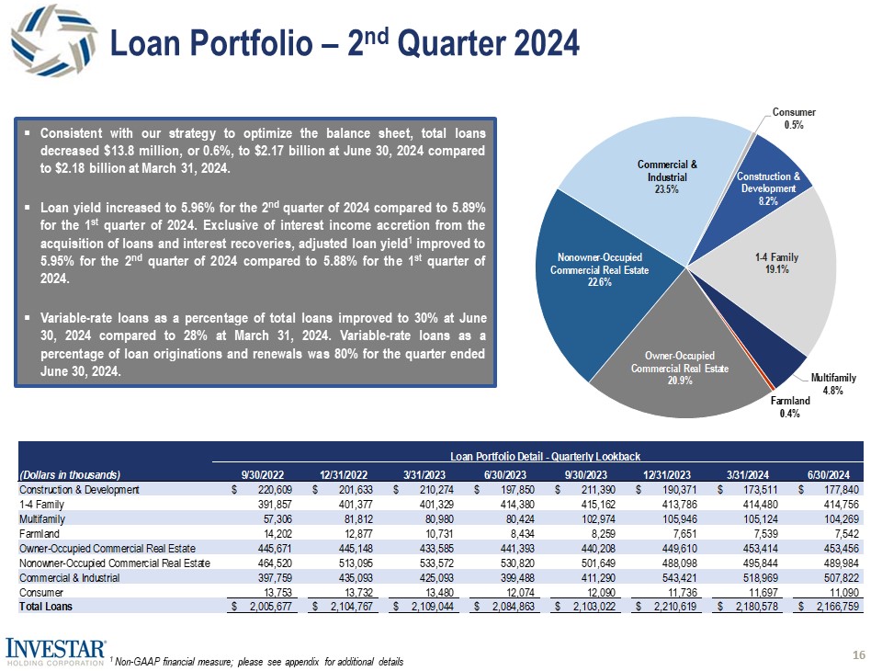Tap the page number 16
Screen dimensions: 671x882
860,654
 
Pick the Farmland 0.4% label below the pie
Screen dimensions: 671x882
789,407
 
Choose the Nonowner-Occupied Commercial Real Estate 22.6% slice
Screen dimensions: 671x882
594,268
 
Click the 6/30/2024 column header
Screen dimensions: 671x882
833,475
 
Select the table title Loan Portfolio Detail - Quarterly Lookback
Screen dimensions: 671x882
543,457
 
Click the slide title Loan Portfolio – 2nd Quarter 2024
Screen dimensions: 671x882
345,42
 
